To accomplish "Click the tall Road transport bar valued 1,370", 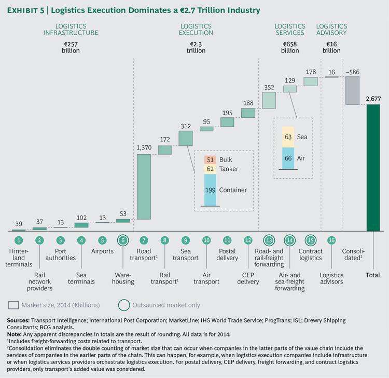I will (144, 186).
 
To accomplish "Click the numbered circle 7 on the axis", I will (144, 240).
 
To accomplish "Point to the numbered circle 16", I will (331, 240).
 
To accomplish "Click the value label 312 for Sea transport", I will (185, 125).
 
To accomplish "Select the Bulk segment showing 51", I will (210, 160).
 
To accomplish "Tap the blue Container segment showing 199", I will (210, 190).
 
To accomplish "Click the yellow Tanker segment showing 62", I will (210, 169).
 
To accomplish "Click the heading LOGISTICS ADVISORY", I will (331, 29).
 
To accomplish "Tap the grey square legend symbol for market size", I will (17, 305).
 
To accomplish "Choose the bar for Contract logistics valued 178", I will (311, 82).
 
